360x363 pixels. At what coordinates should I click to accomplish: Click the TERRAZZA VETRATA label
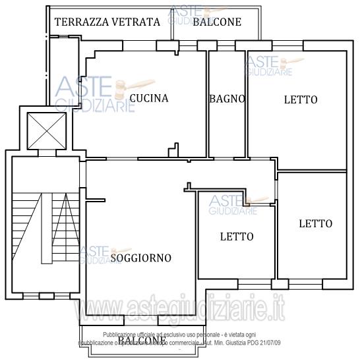(x=107, y=22)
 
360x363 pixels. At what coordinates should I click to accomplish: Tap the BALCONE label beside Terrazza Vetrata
(x=217, y=22)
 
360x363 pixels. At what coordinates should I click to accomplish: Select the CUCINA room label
(x=148, y=98)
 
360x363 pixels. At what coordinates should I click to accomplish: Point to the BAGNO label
(x=227, y=99)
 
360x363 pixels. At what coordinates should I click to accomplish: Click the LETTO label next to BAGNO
(x=301, y=100)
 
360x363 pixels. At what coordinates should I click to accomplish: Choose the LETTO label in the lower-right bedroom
(x=315, y=223)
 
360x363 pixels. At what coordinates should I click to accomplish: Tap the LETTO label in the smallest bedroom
(x=237, y=237)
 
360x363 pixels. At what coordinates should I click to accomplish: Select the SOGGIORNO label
(x=140, y=258)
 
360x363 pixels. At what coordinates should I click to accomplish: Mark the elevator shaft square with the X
(x=46, y=130)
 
